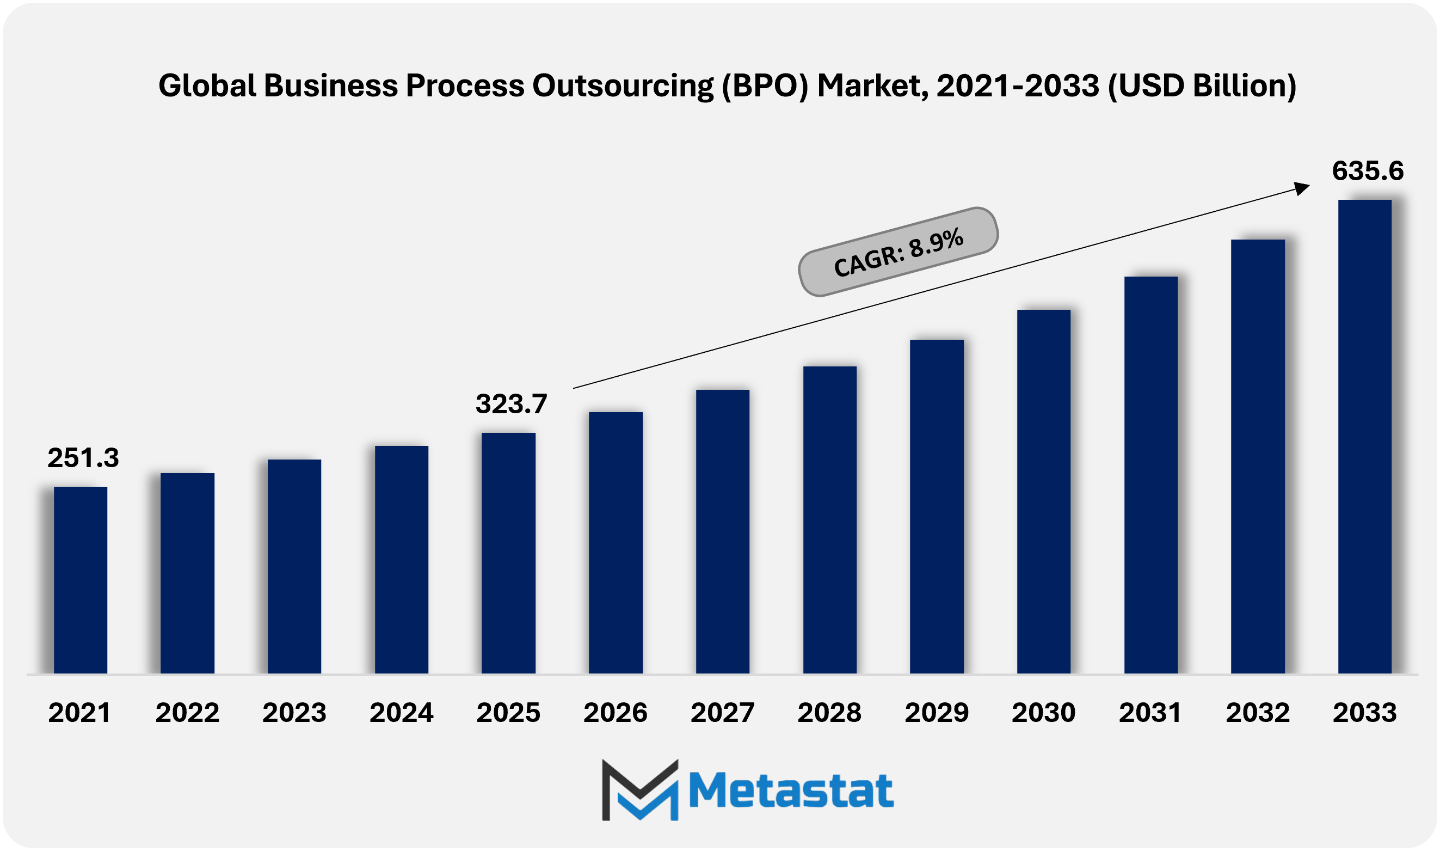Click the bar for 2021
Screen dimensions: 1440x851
tap(80, 580)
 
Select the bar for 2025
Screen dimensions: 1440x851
tap(508, 553)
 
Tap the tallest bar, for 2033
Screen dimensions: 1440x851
tap(1364, 437)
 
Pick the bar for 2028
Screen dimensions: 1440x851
tap(830, 519)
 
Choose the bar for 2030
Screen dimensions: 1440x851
tap(1043, 492)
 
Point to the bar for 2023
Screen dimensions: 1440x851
tap(294, 566)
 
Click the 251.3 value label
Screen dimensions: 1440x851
tap(83, 457)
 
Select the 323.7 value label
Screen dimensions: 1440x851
tap(511, 403)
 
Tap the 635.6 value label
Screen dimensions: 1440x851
tap(1368, 171)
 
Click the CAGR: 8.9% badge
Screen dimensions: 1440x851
tap(898, 252)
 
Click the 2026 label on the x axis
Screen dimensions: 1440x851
tap(616, 713)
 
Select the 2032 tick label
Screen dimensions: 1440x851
tap(1258, 713)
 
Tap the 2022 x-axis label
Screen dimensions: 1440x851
tap(187, 713)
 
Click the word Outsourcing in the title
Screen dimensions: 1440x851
tap(623, 86)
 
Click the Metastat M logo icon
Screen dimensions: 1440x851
tap(640, 789)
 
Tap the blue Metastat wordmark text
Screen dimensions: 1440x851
tap(791, 790)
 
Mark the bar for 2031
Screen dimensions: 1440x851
tap(1150, 475)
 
